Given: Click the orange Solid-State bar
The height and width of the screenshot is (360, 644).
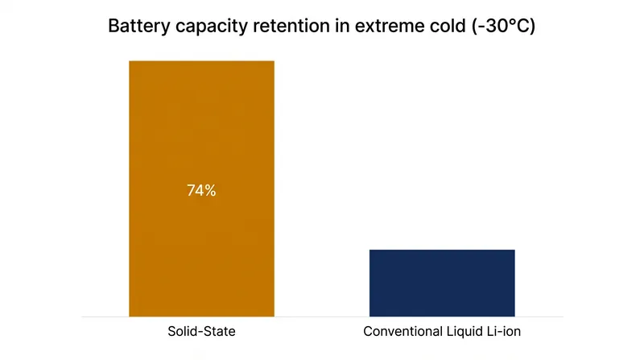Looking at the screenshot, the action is (202, 188).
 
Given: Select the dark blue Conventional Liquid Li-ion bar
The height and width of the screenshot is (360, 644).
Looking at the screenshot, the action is (442, 283).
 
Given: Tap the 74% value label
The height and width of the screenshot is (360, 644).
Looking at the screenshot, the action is (201, 190).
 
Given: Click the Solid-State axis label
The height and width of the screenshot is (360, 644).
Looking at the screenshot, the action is (202, 331).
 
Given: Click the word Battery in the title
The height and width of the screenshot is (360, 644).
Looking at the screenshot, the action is (138, 27).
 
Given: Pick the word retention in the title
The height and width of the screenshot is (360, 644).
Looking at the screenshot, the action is (291, 26).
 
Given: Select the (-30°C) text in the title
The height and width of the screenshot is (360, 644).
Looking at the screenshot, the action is (503, 27).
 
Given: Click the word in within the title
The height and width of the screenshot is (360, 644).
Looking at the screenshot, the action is (342, 26).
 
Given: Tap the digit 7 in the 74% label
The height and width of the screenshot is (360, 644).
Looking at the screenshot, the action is (191, 191).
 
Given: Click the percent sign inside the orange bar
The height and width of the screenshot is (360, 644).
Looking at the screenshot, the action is (210, 191).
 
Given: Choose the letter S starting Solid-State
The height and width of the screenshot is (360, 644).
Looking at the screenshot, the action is (171, 331).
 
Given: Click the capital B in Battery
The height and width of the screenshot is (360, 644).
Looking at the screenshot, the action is (114, 26).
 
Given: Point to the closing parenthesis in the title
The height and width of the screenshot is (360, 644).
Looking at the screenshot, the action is (532, 27).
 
